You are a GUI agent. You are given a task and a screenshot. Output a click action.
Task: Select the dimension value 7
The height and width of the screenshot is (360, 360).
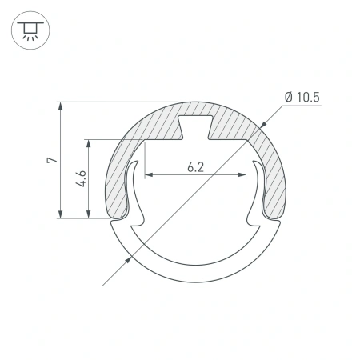(x=51, y=160)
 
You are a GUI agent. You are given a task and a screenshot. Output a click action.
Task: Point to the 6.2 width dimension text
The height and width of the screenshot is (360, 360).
(x=195, y=167)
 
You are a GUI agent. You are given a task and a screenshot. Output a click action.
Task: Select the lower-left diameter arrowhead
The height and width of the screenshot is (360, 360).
(x=129, y=258)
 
